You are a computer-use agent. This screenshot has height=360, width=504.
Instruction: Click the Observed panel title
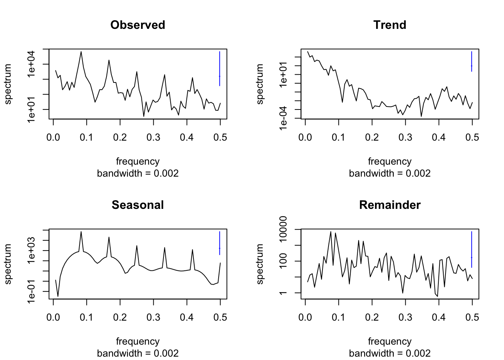(x=138, y=25)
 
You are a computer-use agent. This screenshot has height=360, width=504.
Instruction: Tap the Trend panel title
(x=390, y=25)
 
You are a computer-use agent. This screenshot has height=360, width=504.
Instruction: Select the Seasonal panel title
(x=138, y=205)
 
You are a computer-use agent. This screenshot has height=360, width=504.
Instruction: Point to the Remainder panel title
(x=390, y=205)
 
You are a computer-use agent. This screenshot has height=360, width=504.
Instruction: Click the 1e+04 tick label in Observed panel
(x=31, y=64)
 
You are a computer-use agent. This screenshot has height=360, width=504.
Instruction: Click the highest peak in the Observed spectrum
(x=81, y=52)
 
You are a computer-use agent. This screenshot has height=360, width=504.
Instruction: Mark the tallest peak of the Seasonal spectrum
(x=81, y=232)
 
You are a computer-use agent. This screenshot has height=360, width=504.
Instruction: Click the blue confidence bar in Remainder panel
(x=471, y=249)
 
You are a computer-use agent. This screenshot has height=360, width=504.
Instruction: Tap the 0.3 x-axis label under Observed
(x=153, y=138)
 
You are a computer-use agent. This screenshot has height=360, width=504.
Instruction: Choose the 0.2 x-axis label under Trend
(x=372, y=138)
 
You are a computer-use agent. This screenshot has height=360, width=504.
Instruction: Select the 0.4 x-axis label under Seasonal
(x=187, y=318)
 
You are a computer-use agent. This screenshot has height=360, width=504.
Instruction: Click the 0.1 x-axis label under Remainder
(x=339, y=318)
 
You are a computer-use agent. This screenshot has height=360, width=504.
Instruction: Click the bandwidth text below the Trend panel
(x=390, y=173)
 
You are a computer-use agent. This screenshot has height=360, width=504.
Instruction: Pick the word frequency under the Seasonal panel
(x=138, y=341)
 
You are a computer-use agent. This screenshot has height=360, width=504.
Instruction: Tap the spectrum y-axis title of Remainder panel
(x=260, y=264)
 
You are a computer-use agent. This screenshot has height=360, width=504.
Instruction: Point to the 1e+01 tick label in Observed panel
(x=31, y=109)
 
